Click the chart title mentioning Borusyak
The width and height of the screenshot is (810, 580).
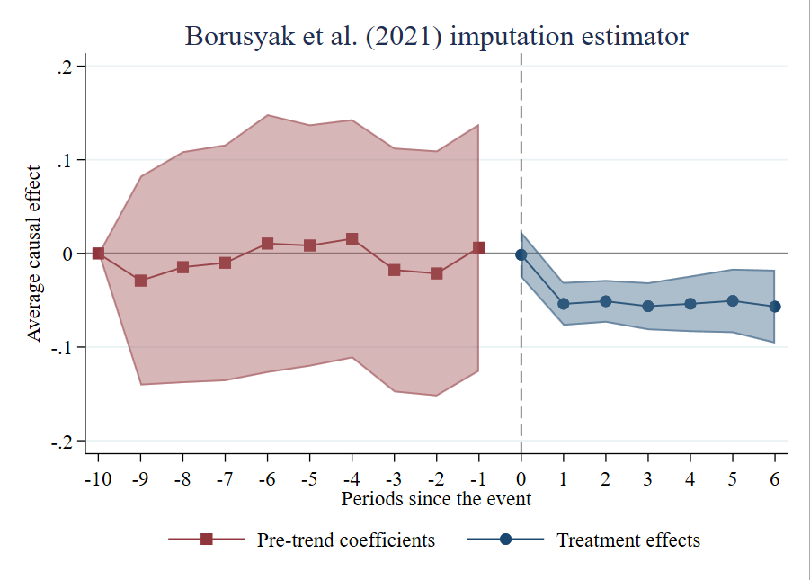[x=436, y=37]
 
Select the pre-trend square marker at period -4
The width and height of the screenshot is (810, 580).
[x=352, y=239]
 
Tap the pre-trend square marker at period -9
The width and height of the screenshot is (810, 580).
[x=140, y=281]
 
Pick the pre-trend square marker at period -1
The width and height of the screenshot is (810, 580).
[x=478, y=247]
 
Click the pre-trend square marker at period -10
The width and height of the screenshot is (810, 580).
[x=98, y=254]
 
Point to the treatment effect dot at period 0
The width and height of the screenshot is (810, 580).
[x=521, y=254]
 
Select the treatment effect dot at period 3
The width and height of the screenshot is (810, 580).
[x=648, y=306]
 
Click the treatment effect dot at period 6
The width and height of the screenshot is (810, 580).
[x=775, y=307]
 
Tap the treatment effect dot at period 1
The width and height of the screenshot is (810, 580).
[x=564, y=304]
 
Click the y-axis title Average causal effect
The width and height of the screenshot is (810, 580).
[x=34, y=254]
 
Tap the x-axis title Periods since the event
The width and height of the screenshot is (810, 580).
[x=436, y=498]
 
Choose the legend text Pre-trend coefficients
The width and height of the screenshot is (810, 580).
[x=346, y=540]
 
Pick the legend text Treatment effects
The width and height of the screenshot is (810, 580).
[x=628, y=540]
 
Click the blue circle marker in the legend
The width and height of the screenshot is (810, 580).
[x=505, y=539]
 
